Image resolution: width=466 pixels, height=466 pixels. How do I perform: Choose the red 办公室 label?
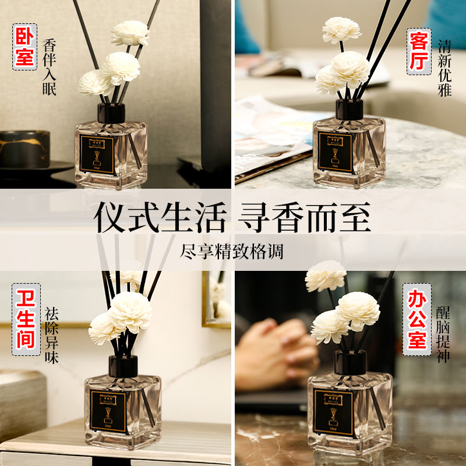(x=417, y=319)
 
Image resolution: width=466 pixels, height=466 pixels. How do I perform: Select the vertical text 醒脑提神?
(x=443, y=334)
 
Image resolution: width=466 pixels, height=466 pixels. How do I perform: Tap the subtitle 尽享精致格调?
(x=233, y=249)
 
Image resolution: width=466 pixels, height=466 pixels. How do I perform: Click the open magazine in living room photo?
(x=268, y=134)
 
